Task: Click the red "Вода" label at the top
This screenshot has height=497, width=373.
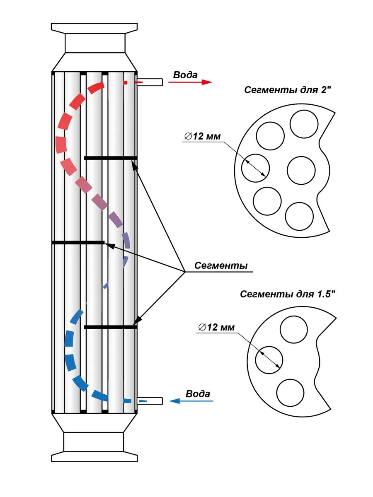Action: click(x=185, y=75)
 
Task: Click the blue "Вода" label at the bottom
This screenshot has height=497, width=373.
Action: click(x=198, y=393)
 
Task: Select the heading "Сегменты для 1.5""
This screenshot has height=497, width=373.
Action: click(x=287, y=294)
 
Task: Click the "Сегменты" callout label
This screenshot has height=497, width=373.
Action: click(x=221, y=265)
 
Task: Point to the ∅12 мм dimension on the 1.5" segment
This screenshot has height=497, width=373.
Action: click(x=216, y=327)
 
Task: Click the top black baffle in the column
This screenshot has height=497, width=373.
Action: click(x=110, y=158)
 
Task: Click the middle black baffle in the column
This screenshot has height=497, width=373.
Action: click(x=78, y=242)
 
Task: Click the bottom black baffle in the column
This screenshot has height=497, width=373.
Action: click(x=110, y=327)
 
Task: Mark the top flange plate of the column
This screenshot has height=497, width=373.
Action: click(x=94, y=27)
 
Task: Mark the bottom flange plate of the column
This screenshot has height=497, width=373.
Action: click(x=94, y=457)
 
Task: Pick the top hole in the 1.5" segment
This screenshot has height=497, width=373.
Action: click(x=294, y=329)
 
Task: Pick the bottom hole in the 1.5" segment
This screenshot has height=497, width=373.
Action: click(x=290, y=393)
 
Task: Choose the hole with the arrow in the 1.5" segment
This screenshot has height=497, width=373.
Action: click(x=269, y=359)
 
